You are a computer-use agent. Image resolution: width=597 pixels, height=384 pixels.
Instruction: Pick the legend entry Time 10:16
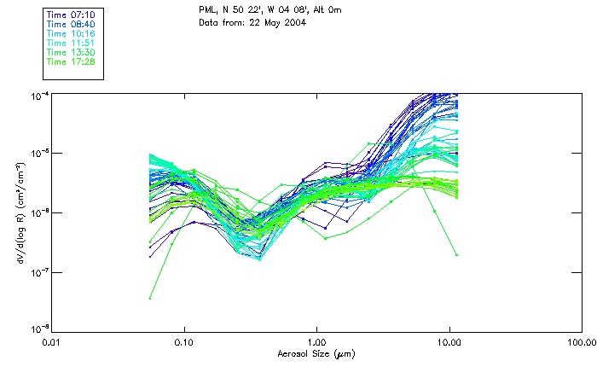72,34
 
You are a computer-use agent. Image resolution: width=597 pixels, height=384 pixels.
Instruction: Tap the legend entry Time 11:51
72,44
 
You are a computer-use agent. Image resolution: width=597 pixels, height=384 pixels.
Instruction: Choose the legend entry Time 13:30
72,53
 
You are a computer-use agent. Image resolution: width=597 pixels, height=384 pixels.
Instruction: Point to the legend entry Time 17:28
72,61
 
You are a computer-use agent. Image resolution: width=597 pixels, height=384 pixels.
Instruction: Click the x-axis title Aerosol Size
316,353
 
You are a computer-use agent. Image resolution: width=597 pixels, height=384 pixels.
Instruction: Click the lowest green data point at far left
150,298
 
